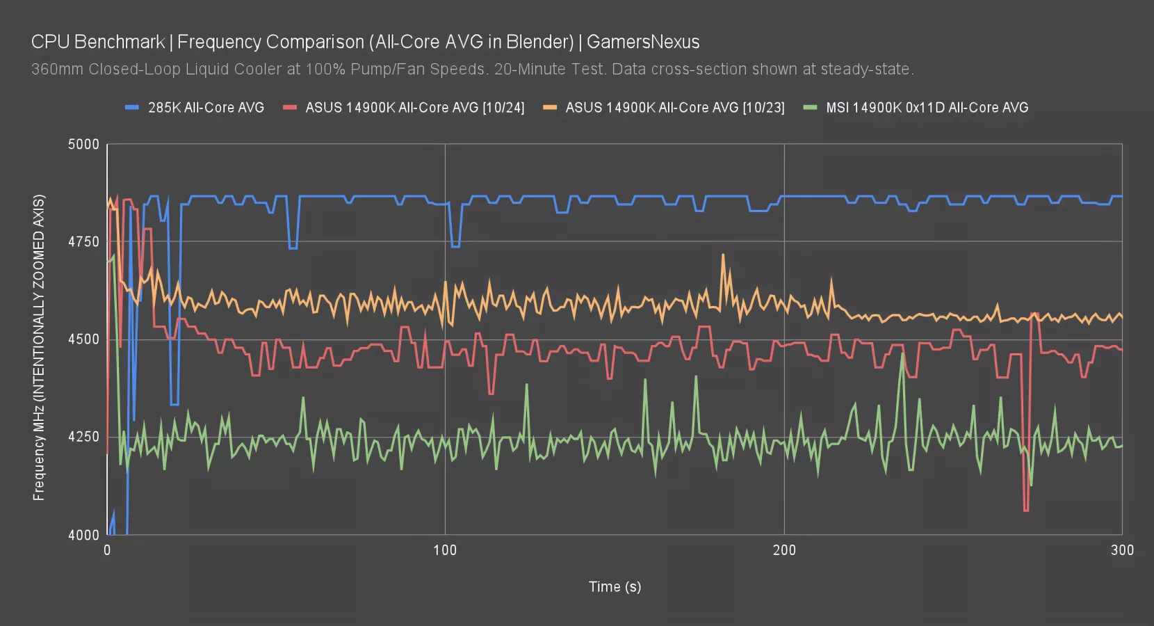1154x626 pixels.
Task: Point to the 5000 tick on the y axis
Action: [x=83, y=145]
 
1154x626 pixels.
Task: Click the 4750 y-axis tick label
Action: [x=83, y=242]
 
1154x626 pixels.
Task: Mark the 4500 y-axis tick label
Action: [x=83, y=339]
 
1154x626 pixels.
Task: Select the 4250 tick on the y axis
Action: [x=83, y=438]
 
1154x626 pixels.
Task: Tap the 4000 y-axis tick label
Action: [x=83, y=535]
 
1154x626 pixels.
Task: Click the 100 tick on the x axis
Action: [x=445, y=550]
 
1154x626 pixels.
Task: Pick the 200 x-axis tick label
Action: [x=784, y=550]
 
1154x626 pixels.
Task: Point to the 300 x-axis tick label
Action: [x=1122, y=550]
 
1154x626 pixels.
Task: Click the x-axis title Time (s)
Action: [x=615, y=586]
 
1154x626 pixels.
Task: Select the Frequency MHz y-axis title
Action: [x=39, y=348]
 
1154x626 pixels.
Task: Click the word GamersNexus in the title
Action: [x=643, y=42]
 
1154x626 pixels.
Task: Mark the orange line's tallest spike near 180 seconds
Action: [x=723, y=255]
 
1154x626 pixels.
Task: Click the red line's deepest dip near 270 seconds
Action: [x=1026, y=510]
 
